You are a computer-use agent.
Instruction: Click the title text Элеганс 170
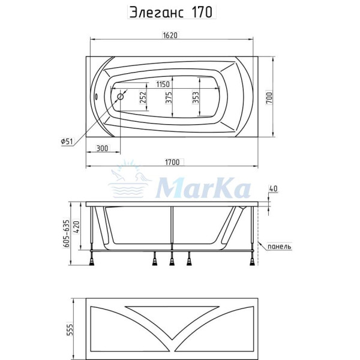pyautogui.click(x=171, y=13)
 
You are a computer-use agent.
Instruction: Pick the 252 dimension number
pyautogui.click(x=143, y=98)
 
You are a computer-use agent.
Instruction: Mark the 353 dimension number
pyautogui.click(x=196, y=98)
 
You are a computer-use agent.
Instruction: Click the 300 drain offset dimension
pyautogui.click(x=101, y=148)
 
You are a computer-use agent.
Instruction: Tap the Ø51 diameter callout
pyautogui.click(x=67, y=141)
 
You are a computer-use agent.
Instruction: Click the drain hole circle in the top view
pyautogui.click(x=120, y=96)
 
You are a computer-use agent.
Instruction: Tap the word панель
pyautogui.click(x=279, y=246)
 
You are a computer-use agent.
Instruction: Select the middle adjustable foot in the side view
pyautogui.click(x=172, y=259)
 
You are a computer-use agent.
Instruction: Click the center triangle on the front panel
pyautogui.click(x=172, y=316)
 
